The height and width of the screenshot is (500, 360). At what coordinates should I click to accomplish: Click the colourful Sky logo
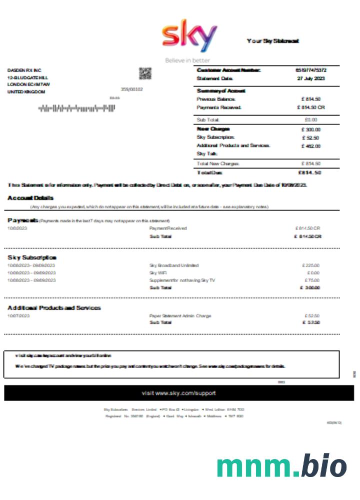point(189,37)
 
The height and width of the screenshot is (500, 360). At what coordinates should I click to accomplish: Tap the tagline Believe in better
point(187,60)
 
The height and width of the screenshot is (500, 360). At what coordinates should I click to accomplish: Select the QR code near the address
point(144,73)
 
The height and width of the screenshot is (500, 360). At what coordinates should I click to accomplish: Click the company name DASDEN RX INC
point(24,70)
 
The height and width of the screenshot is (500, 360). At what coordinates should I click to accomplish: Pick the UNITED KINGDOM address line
point(26,92)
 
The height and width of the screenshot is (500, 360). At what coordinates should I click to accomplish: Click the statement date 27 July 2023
point(310,78)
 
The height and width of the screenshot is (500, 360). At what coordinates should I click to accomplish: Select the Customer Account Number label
point(228,70)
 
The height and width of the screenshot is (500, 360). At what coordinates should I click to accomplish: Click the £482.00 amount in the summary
point(310,146)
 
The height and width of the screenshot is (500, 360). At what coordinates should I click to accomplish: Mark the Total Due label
point(210,172)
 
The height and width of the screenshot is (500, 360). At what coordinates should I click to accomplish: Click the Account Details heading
point(30,198)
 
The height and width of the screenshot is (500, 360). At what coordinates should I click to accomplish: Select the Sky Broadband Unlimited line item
point(174,265)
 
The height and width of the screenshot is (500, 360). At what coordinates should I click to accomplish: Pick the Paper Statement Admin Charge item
point(180,316)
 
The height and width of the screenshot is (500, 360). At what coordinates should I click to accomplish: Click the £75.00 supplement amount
point(312,280)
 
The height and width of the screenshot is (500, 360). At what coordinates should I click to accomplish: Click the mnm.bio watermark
point(281,466)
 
